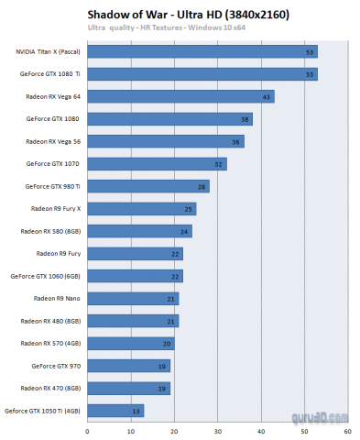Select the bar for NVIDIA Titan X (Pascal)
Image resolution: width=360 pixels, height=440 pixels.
(x=202, y=52)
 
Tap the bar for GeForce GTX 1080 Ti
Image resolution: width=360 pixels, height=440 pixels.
(x=202, y=74)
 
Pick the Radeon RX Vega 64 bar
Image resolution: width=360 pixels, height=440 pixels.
(x=180, y=96)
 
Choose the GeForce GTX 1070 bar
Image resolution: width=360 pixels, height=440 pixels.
(x=157, y=164)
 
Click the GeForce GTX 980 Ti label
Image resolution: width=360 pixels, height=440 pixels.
(x=53, y=186)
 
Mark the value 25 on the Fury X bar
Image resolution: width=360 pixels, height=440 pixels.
(x=188, y=209)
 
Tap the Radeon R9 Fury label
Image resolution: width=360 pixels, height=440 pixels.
(x=58, y=253)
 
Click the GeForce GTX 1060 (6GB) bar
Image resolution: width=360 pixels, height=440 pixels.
(x=135, y=276)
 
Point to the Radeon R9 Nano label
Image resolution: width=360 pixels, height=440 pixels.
(x=57, y=298)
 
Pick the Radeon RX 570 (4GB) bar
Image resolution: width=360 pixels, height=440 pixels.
(x=130, y=343)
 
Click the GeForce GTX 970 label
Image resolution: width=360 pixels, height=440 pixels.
(x=55, y=365)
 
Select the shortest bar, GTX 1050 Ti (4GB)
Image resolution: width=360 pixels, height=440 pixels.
(x=115, y=410)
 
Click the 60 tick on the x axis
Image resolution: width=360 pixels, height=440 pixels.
(x=347, y=430)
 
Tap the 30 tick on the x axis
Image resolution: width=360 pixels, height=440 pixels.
(x=217, y=430)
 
